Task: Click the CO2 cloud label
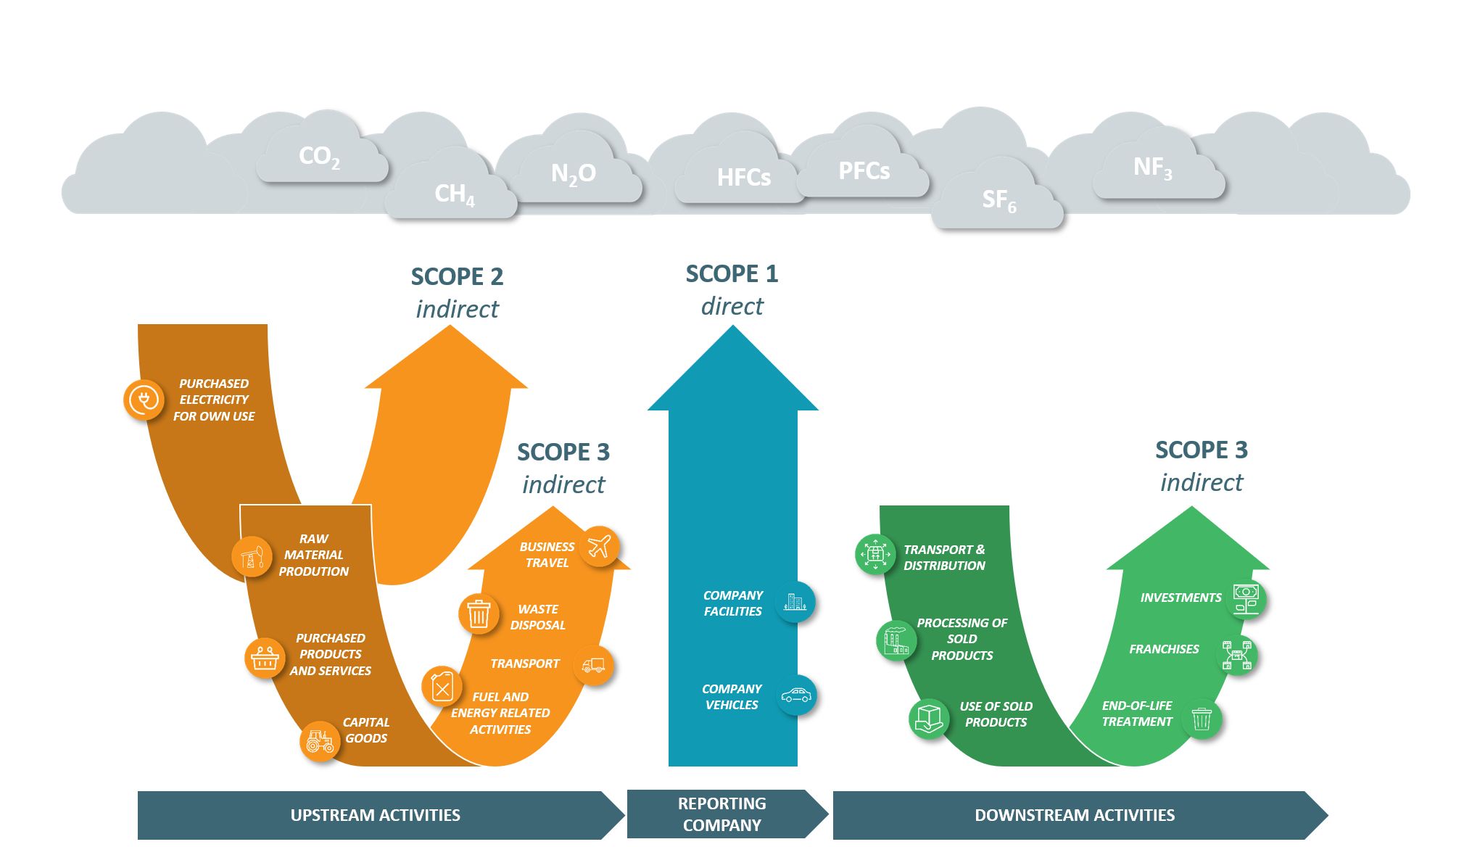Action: pyautogui.click(x=319, y=156)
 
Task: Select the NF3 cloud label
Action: pyautogui.click(x=1152, y=168)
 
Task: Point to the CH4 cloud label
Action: pyautogui.click(x=454, y=194)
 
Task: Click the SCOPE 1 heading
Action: pyautogui.click(x=732, y=274)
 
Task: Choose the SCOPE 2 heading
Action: pyautogui.click(x=457, y=277)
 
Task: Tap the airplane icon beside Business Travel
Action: pyautogui.click(x=599, y=546)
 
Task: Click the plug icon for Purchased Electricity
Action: pyautogui.click(x=144, y=400)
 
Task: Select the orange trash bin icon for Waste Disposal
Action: pyautogui.click(x=479, y=613)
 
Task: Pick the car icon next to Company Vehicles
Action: pyautogui.click(x=795, y=696)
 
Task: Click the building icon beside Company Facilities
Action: pyautogui.click(x=795, y=602)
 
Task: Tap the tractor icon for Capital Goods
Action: pyautogui.click(x=320, y=741)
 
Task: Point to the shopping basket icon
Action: pyautogui.click(x=265, y=658)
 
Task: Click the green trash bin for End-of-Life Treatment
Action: pyautogui.click(x=1202, y=719)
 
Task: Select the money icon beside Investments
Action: pyautogui.click(x=1246, y=599)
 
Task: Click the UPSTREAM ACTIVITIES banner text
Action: pyautogui.click(x=375, y=815)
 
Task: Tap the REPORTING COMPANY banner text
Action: pyautogui.click(x=721, y=814)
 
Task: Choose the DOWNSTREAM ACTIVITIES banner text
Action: pyautogui.click(x=1074, y=815)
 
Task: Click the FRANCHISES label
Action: pyautogui.click(x=1163, y=649)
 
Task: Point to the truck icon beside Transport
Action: pyautogui.click(x=593, y=665)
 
